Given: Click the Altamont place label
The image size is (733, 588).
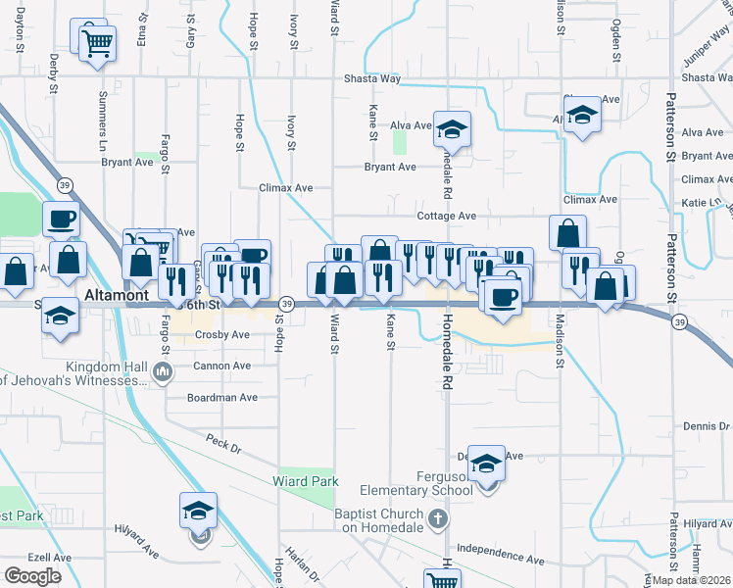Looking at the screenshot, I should [117, 294].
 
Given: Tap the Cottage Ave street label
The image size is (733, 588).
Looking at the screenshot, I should [446, 216].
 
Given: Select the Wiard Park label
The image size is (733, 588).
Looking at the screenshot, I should [306, 481].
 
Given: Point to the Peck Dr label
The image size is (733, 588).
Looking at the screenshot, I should [222, 443].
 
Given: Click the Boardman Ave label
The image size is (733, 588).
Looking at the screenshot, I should [222, 398].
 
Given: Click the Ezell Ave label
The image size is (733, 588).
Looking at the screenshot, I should [49, 557].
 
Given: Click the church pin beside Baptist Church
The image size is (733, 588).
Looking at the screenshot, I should [438, 518].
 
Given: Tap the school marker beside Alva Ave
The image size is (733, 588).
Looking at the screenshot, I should [453, 129].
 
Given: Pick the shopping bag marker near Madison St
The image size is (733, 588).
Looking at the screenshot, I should [567, 234].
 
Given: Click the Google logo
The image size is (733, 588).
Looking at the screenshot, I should [33, 575].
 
